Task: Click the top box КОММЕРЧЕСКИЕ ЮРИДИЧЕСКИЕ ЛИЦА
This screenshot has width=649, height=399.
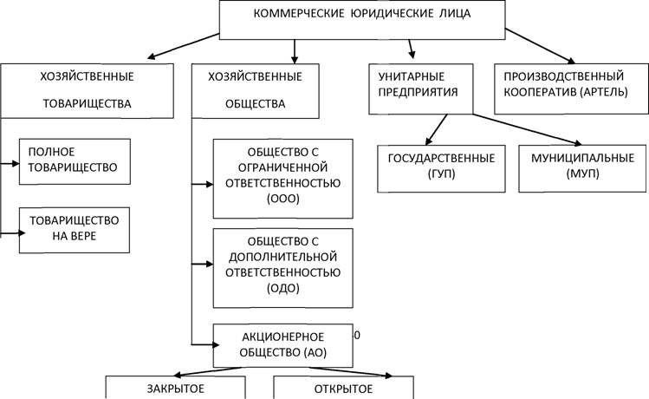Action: [x=362, y=20]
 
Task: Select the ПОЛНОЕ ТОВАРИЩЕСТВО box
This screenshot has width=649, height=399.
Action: [x=75, y=161]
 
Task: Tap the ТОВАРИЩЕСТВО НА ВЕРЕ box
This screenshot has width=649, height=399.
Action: [x=75, y=231]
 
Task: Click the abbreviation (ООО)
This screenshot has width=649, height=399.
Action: [x=283, y=199]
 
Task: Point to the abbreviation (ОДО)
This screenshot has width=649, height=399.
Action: [x=283, y=288]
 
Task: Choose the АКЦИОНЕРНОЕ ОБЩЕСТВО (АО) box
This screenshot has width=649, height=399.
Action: [x=283, y=345]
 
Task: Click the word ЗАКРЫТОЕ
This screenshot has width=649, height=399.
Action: [x=176, y=389]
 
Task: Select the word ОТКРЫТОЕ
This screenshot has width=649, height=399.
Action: [x=343, y=389]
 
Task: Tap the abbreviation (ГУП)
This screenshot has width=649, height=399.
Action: [x=441, y=173]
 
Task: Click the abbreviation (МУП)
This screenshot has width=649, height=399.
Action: [x=583, y=173]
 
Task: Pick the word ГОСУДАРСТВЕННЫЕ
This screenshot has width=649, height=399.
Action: [x=441, y=158]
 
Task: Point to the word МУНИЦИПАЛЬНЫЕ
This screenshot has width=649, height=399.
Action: [x=583, y=158]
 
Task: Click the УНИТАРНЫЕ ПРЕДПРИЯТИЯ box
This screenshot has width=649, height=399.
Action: [x=421, y=89]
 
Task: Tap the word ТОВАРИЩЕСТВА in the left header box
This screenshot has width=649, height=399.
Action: [x=88, y=103]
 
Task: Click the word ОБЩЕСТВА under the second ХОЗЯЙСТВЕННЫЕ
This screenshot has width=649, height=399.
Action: [x=256, y=103]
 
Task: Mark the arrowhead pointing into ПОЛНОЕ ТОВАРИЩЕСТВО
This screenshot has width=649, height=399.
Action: [x=16, y=164]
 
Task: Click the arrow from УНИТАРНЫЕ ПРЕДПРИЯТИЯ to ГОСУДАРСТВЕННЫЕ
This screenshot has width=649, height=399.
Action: [x=436, y=129]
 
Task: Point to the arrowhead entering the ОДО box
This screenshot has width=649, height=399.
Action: [x=210, y=264]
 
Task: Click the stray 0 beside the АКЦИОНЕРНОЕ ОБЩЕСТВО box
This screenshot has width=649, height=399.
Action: [x=357, y=335]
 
